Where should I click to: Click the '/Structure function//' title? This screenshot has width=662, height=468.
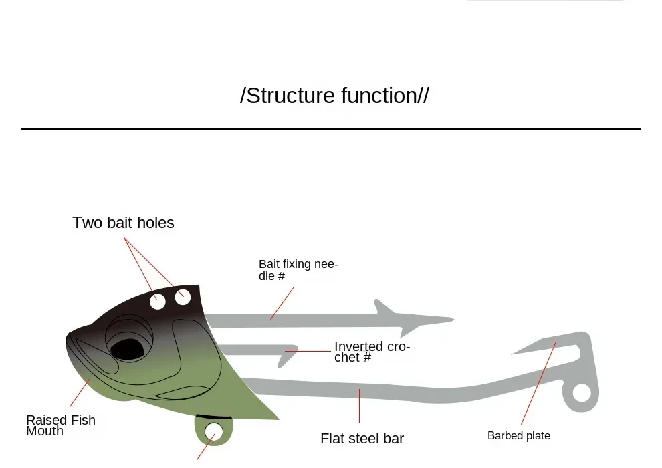[334, 96]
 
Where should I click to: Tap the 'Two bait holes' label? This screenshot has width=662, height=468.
[123, 223]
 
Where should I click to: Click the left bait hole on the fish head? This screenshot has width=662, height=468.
[158, 302]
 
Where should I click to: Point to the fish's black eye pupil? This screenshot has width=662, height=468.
[127, 348]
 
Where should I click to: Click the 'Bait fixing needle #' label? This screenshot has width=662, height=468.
[298, 270]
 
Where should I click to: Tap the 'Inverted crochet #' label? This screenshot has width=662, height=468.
[372, 352]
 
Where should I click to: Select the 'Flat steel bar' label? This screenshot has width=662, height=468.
[362, 439]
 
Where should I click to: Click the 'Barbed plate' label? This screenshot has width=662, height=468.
[518, 436]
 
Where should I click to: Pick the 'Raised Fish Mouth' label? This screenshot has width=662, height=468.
[60, 425]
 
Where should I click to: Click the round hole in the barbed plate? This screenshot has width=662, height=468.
[582, 393]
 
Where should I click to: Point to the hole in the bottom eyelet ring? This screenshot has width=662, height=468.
[213, 431]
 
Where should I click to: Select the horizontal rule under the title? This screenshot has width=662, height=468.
[330, 128]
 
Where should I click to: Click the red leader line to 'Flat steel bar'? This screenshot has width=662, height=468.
[359, 405]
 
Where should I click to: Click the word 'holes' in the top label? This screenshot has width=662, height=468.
[155, 223]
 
